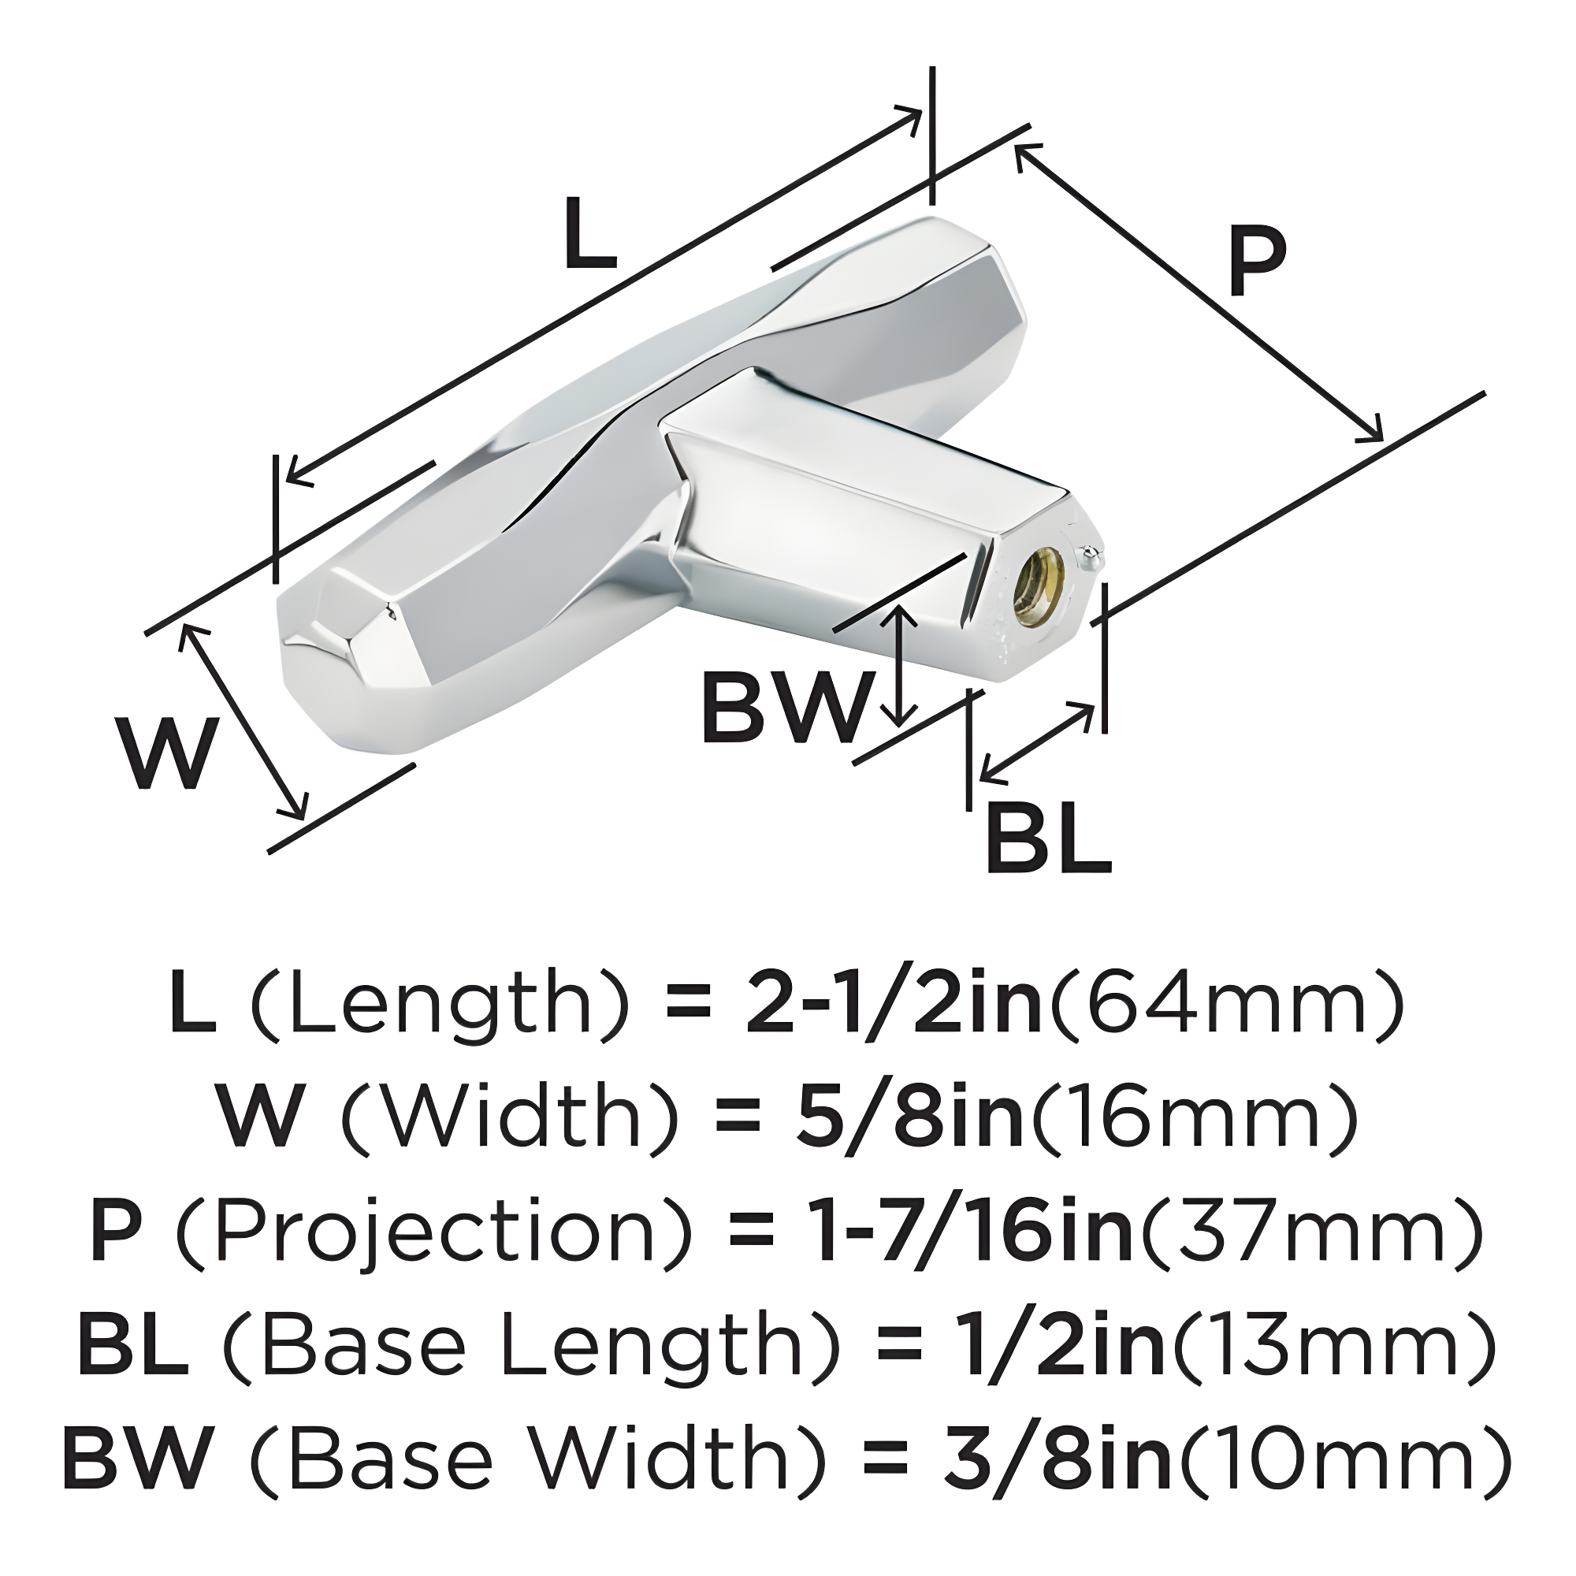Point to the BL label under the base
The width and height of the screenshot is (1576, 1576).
1048,839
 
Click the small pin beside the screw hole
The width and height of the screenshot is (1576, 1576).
1091,556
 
